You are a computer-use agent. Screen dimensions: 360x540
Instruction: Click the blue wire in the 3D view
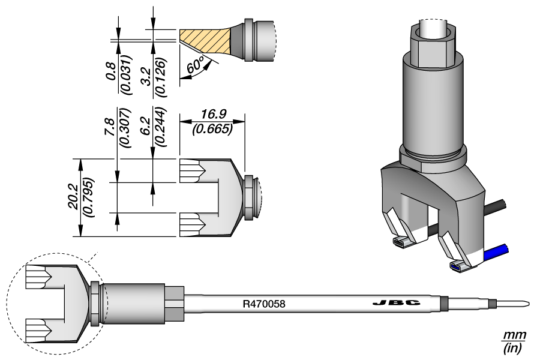click(496, 253)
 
